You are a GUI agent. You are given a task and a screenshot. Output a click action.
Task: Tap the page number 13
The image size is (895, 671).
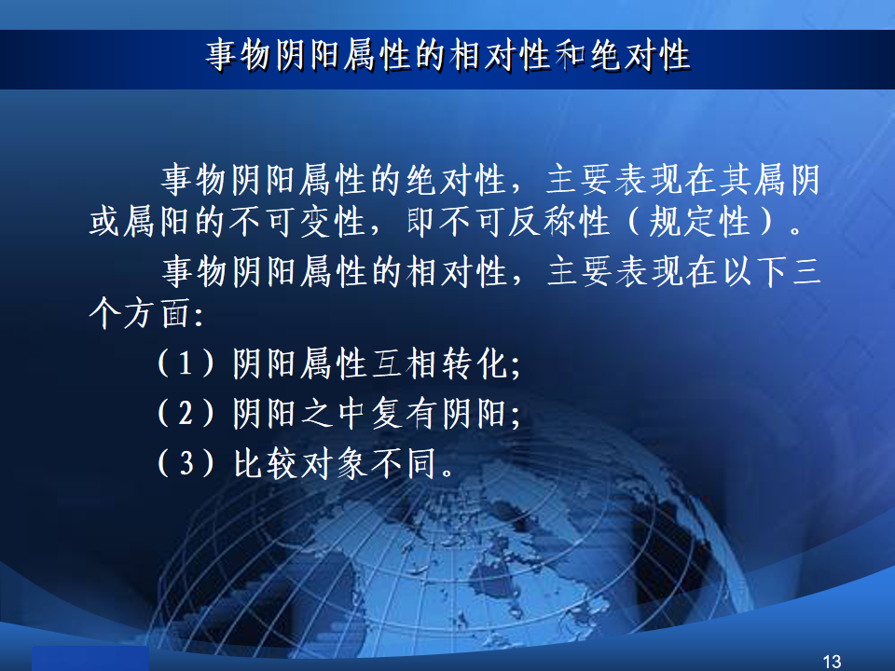click(x=832, y=662)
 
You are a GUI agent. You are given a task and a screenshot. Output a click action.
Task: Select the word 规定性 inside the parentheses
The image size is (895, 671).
click(x=699, y=222)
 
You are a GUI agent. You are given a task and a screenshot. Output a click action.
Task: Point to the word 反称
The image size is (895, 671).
click(x=541, y=222)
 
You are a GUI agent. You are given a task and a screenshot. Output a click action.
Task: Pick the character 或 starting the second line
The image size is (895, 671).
click(x=105, y=222)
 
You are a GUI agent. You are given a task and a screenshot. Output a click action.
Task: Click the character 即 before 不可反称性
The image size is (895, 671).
click(x=422, y=222)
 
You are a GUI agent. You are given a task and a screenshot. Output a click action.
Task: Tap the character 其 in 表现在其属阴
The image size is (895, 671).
click(x=736, y=179)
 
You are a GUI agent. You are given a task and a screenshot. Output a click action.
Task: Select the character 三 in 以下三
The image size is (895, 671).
click(x=805, y=271)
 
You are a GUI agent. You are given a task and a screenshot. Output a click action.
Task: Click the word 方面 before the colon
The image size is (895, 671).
click(x=158, y=313)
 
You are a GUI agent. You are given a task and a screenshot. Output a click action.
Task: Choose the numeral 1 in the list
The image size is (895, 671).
click(x=185, y=363)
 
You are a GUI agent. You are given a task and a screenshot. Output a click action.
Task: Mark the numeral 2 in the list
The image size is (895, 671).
click(x=185, y=413)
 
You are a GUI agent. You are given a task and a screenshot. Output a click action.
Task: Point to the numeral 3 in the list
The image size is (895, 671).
click(x=185, y=463)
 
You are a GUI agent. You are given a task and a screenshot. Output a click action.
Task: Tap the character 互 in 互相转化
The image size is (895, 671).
click(x=387, y=363)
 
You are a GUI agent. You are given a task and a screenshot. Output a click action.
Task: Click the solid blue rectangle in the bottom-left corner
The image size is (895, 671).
click(x=90, y=659)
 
